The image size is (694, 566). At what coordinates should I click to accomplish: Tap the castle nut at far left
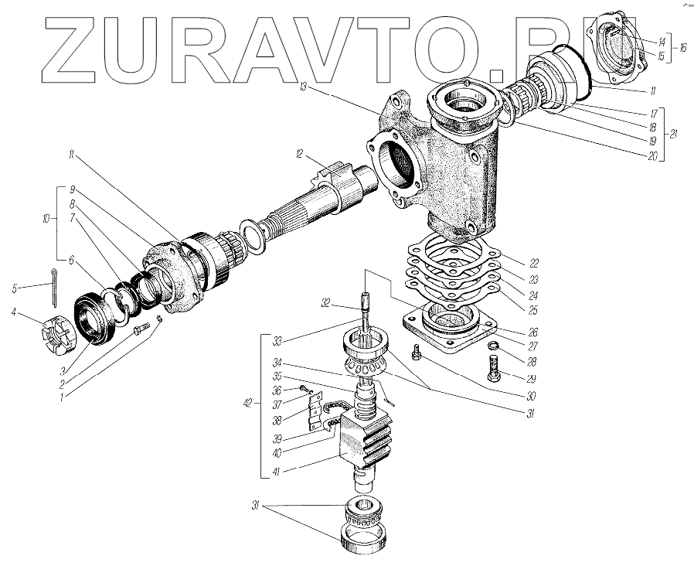(55, 339)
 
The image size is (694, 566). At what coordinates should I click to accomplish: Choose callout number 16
(682, 47)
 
